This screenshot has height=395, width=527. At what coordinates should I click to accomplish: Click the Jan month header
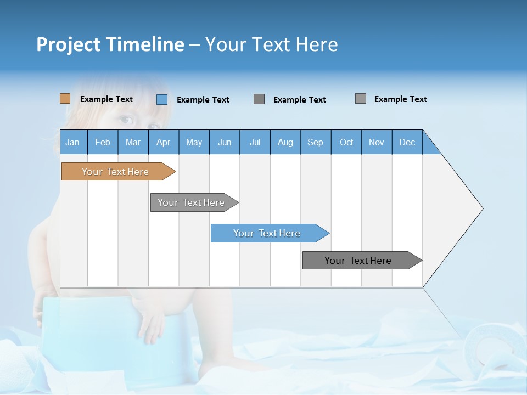tap(73, 142)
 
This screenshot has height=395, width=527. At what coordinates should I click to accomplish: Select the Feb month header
tap(103, 142)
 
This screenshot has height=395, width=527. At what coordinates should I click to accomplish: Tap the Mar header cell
tap(133, 142)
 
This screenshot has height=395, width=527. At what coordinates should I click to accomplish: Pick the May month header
tap(194, 142)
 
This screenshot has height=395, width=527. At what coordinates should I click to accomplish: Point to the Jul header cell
tap(255, 142)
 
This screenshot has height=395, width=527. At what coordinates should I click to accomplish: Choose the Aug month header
tap(285, 142)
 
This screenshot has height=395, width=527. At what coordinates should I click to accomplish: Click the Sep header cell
tap(316, 142)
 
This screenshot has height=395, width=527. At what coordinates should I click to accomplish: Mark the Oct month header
tap(346, 142)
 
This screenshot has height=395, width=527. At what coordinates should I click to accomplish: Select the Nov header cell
tap(377, 142)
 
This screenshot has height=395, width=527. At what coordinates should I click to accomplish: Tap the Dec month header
tap(407, 142)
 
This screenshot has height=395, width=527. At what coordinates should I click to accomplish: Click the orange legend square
tap(65, 99)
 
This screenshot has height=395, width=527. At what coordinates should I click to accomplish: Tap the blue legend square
tap(161, 99)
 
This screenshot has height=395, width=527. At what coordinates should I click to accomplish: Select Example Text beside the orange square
tap(106, 99)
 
